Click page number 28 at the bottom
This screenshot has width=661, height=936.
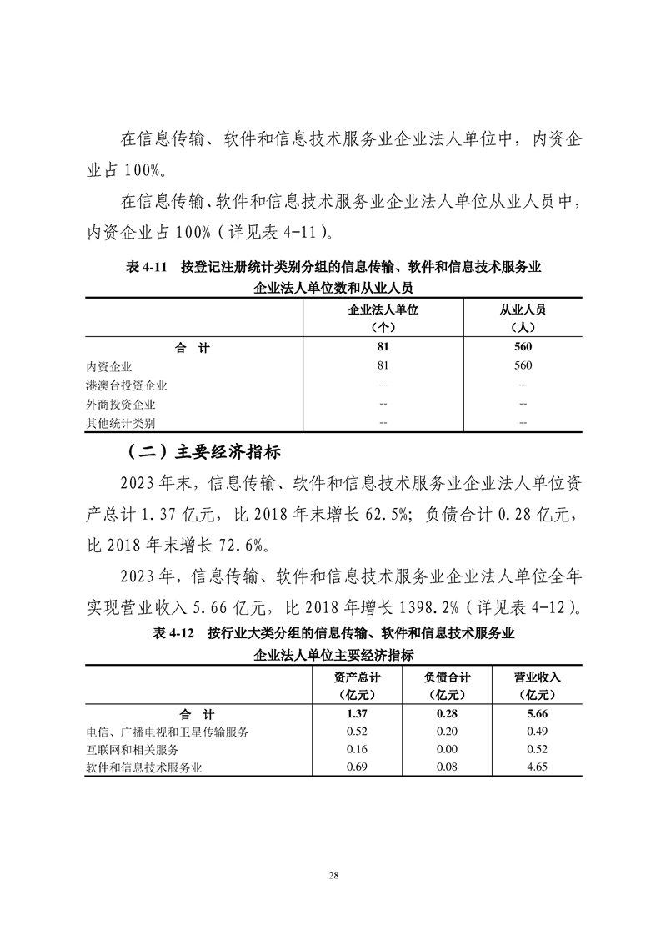pyautogui.click(x=333, y=874)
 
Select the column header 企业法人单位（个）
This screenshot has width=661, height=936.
pyautogui.click(x=383, y=318)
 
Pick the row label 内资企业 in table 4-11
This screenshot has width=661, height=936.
pyautogui.click(x=109, y=366)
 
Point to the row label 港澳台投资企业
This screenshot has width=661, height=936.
pyautogui.click(x=127, y=385)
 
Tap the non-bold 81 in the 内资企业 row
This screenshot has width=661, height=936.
pyautogui.click(x=383, y=366)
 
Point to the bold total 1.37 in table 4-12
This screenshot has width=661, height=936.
pyautogui.click(x=357, y=714)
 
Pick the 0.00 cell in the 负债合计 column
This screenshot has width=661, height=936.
pyautogui.click(x=447, y=750)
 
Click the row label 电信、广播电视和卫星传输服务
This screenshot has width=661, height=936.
pyautogui.click(x=168, y=732)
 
